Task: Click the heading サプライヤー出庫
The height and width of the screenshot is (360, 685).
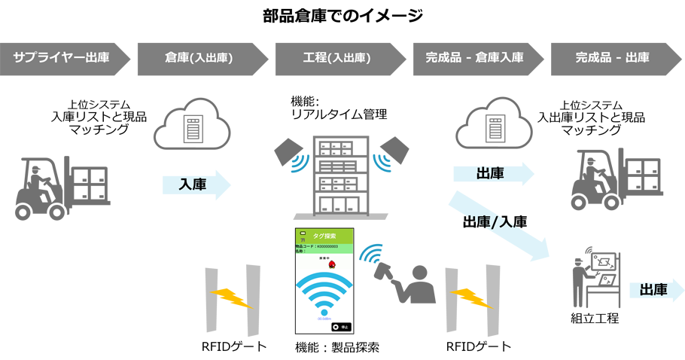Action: pyautogui.click(x=61, y=57)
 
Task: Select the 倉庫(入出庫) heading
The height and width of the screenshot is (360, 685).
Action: pyautogui.click(x=199, y=57)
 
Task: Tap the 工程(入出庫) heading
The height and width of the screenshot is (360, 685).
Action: pyautogui.click(x=336, y=57)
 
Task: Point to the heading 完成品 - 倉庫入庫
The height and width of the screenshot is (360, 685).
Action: pyautogui.click(x=474, y=57)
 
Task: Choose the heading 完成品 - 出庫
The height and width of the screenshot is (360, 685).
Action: pyautogui.click(x=612, y=57)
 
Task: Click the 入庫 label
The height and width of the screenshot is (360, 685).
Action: pyautogui.click(x=193, y=184)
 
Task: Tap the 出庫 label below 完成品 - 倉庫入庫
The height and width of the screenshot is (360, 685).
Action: pyautogui.click(x=490, y=174)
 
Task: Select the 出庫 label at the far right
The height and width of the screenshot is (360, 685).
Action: pyautogui.click(x=653, y=289)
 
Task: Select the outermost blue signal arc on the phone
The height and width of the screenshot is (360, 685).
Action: pyautogui.click(x=324, y=280)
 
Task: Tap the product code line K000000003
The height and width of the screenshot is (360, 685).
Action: pyautogui.click(x=316, y=246)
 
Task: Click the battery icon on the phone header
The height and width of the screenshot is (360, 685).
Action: pyautogui.click(x=303, y=232)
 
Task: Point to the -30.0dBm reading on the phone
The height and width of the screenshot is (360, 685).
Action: pyautogui.click(x=324, y=319)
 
